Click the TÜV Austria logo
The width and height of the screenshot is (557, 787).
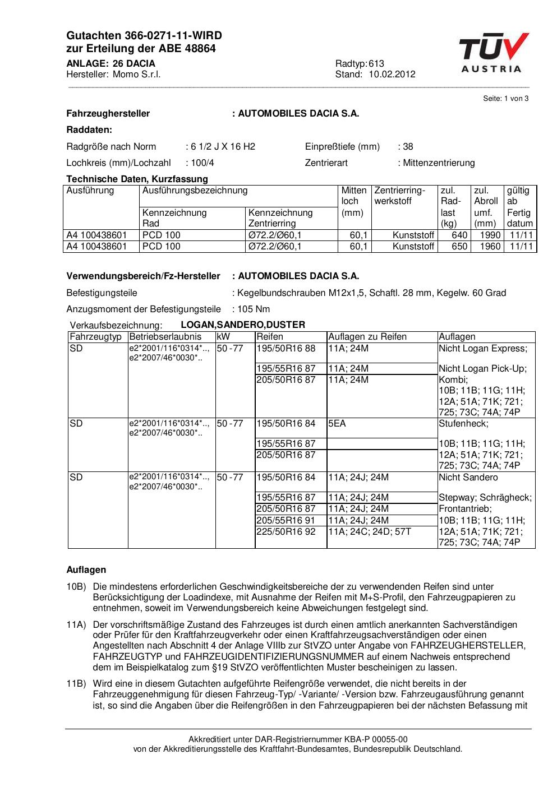[x=493, y=53]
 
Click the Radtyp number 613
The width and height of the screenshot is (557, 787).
[x=376, y=63]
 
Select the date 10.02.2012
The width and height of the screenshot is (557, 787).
[x=392, y=75]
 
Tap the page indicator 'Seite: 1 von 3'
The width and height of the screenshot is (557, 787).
[x=505, y=99]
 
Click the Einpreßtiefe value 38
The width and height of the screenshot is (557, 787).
[x=408, y=147]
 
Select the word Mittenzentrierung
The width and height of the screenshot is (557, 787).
[x=439, y=163]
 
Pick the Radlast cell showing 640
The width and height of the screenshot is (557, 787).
[x=459, y=235]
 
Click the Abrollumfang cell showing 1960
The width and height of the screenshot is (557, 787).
[x=490, y=247]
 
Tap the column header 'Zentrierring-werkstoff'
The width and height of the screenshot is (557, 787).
[x=399, y=196]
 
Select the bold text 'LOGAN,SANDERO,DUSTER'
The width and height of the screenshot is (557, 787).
[x=243, y=325]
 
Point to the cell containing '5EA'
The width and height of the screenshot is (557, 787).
[x=337, y=424]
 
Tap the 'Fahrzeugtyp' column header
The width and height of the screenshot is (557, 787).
[x=96, y=337]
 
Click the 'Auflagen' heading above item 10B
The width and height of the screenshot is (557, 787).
[x=86, y=570]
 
